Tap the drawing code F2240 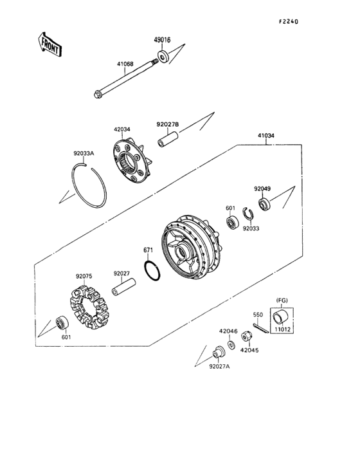coord(288,21)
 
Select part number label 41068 coord(125,64)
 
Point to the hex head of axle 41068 coord(98,97)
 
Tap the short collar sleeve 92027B coord(168,138)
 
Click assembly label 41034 coord(266,136)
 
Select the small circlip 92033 coord(247,214)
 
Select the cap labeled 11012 coord(281,317)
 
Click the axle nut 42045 coord(247,338)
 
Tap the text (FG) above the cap coord(281,300)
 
